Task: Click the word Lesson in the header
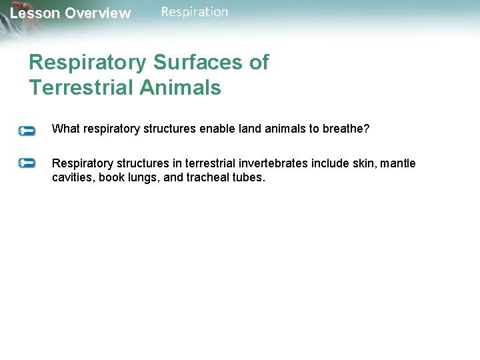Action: tap(35, 13)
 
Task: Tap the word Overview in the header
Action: tap(98, 13)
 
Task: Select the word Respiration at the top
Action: tap(195, 11)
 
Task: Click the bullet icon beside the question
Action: tap(27, 131)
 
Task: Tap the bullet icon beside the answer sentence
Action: tap(27, 163)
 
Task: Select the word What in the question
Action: tap(65, 129)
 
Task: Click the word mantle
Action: tap(398, 163)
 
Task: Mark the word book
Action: tap(111, 178)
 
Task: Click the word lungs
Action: tap(143, 178)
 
